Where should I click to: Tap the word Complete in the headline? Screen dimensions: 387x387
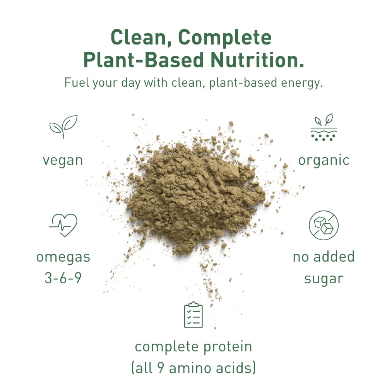coord(225,38)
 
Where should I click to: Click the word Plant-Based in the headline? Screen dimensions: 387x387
coord(144,60)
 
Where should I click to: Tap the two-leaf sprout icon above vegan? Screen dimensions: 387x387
coord(63,127)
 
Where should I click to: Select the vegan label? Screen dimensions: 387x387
coord(63,160)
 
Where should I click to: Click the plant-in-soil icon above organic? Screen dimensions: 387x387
coord(324,127)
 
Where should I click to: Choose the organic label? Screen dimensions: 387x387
coord(324,160)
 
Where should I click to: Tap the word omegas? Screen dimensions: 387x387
coord(63,257)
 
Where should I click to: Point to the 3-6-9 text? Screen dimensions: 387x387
coord(63,278)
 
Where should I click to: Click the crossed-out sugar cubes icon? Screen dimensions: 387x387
coord(324,225)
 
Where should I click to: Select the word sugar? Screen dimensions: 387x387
coord(324,279)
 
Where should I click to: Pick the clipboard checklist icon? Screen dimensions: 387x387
coord(193,315)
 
